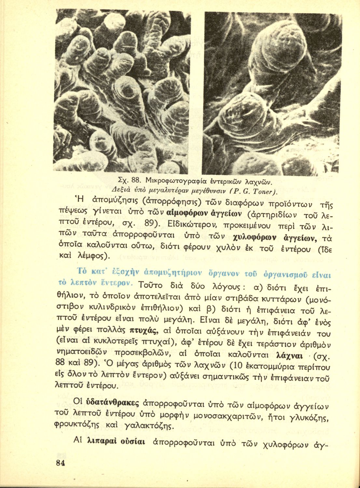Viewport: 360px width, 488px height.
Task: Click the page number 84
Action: pyautogui.click(x=60, y=463)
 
